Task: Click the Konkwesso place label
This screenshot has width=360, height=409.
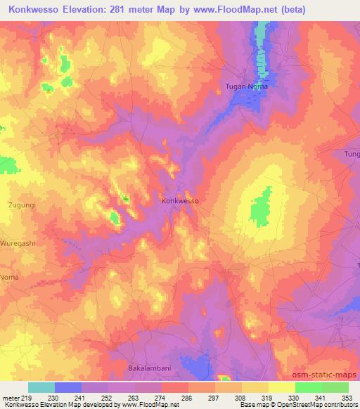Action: [181, 200]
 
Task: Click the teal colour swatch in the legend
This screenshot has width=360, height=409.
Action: [41, 387]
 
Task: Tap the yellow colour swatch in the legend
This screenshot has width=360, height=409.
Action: [282, 387]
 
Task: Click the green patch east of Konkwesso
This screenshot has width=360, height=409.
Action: [261, 208]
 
